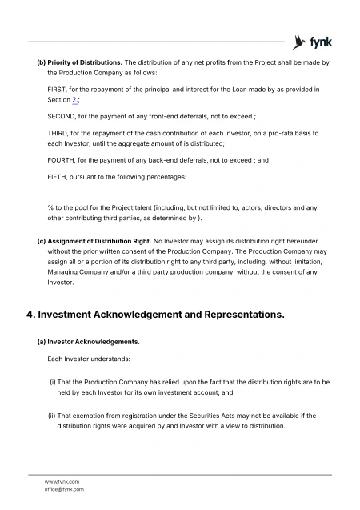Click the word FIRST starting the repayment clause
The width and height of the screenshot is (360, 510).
[x=57, y=89]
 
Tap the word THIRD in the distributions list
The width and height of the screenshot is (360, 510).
[x=58, y=133]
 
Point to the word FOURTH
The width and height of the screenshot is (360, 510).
[x=62, y=159]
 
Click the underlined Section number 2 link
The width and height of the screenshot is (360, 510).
[x=74, y=100]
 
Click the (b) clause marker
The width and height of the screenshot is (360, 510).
[x=42, y=62]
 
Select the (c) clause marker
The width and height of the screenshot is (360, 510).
[x=42, y=241]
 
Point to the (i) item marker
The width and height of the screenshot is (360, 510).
[x=53, y=383]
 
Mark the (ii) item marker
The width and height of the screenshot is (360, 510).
[x=54, y=416]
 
